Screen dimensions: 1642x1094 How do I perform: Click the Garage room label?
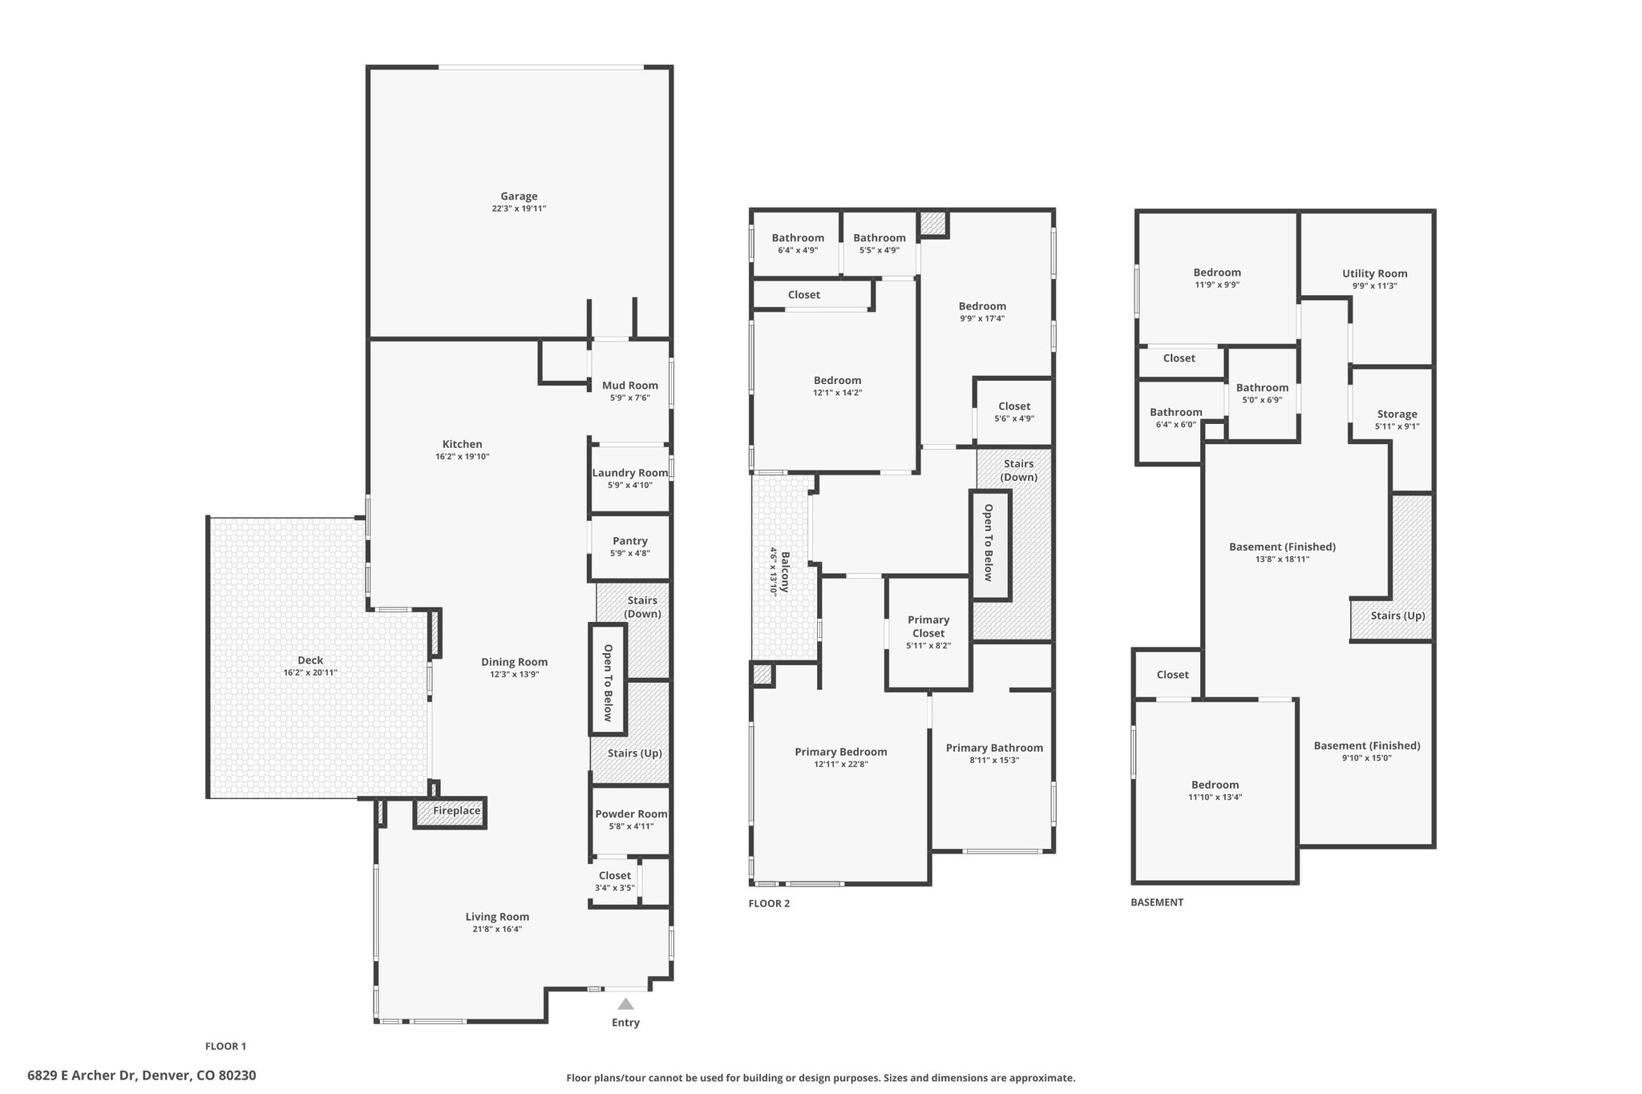coord(519,196)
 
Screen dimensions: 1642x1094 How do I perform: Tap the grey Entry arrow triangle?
coord(625,1003)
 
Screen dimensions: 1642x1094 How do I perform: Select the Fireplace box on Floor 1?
coord(451,812)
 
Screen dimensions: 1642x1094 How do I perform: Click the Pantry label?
coord(630,541)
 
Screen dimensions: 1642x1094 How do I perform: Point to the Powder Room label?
coord(631,814)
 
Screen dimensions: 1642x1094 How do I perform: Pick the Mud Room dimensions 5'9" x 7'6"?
coord(630,398)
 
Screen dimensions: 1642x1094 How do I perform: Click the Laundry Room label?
coord(630,473)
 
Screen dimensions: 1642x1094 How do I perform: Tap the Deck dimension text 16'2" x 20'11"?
coord(310,672)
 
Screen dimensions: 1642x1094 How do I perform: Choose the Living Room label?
coord(497,917)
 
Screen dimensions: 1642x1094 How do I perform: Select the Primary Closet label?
coord(928,626)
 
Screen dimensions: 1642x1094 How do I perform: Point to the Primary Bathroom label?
coord(994,748)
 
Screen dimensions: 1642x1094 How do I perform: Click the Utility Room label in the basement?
coord(1375,273)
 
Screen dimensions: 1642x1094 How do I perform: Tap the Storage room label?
coord(1397,414)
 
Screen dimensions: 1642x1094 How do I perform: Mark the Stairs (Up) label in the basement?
coord(1397,616)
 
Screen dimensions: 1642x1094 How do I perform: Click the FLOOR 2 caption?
coord(769,903)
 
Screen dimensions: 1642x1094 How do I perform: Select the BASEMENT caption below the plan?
coord(1157,902)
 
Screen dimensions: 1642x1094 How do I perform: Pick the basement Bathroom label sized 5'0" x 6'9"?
coord(1262,388)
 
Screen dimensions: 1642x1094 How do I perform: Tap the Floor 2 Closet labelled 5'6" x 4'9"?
coord(1014,406)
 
